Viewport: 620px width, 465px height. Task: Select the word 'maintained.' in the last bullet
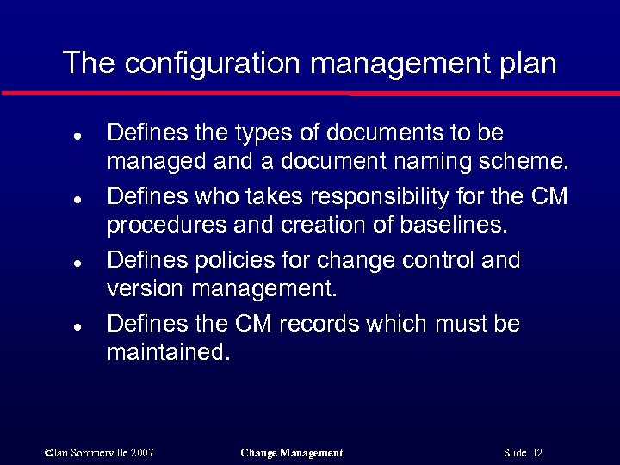click(169, 351)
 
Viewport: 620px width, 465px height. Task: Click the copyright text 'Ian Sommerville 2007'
click(99, 452)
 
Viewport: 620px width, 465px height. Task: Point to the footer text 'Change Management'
click(292, 452)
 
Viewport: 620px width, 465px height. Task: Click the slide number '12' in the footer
click(537, 452)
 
